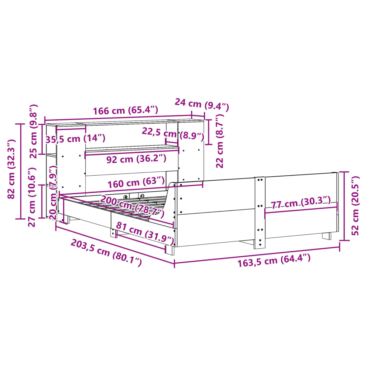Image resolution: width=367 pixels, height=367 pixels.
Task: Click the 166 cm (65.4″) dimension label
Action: point(125,110)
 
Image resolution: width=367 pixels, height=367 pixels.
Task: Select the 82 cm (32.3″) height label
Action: point(11,170)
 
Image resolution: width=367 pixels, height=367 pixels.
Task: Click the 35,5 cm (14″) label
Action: point(75,139)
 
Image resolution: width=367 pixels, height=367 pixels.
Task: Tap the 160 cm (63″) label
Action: point(137,183)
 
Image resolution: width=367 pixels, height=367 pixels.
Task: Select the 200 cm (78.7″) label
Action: point(132,207)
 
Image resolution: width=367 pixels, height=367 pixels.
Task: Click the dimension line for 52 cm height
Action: point(345,206)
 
